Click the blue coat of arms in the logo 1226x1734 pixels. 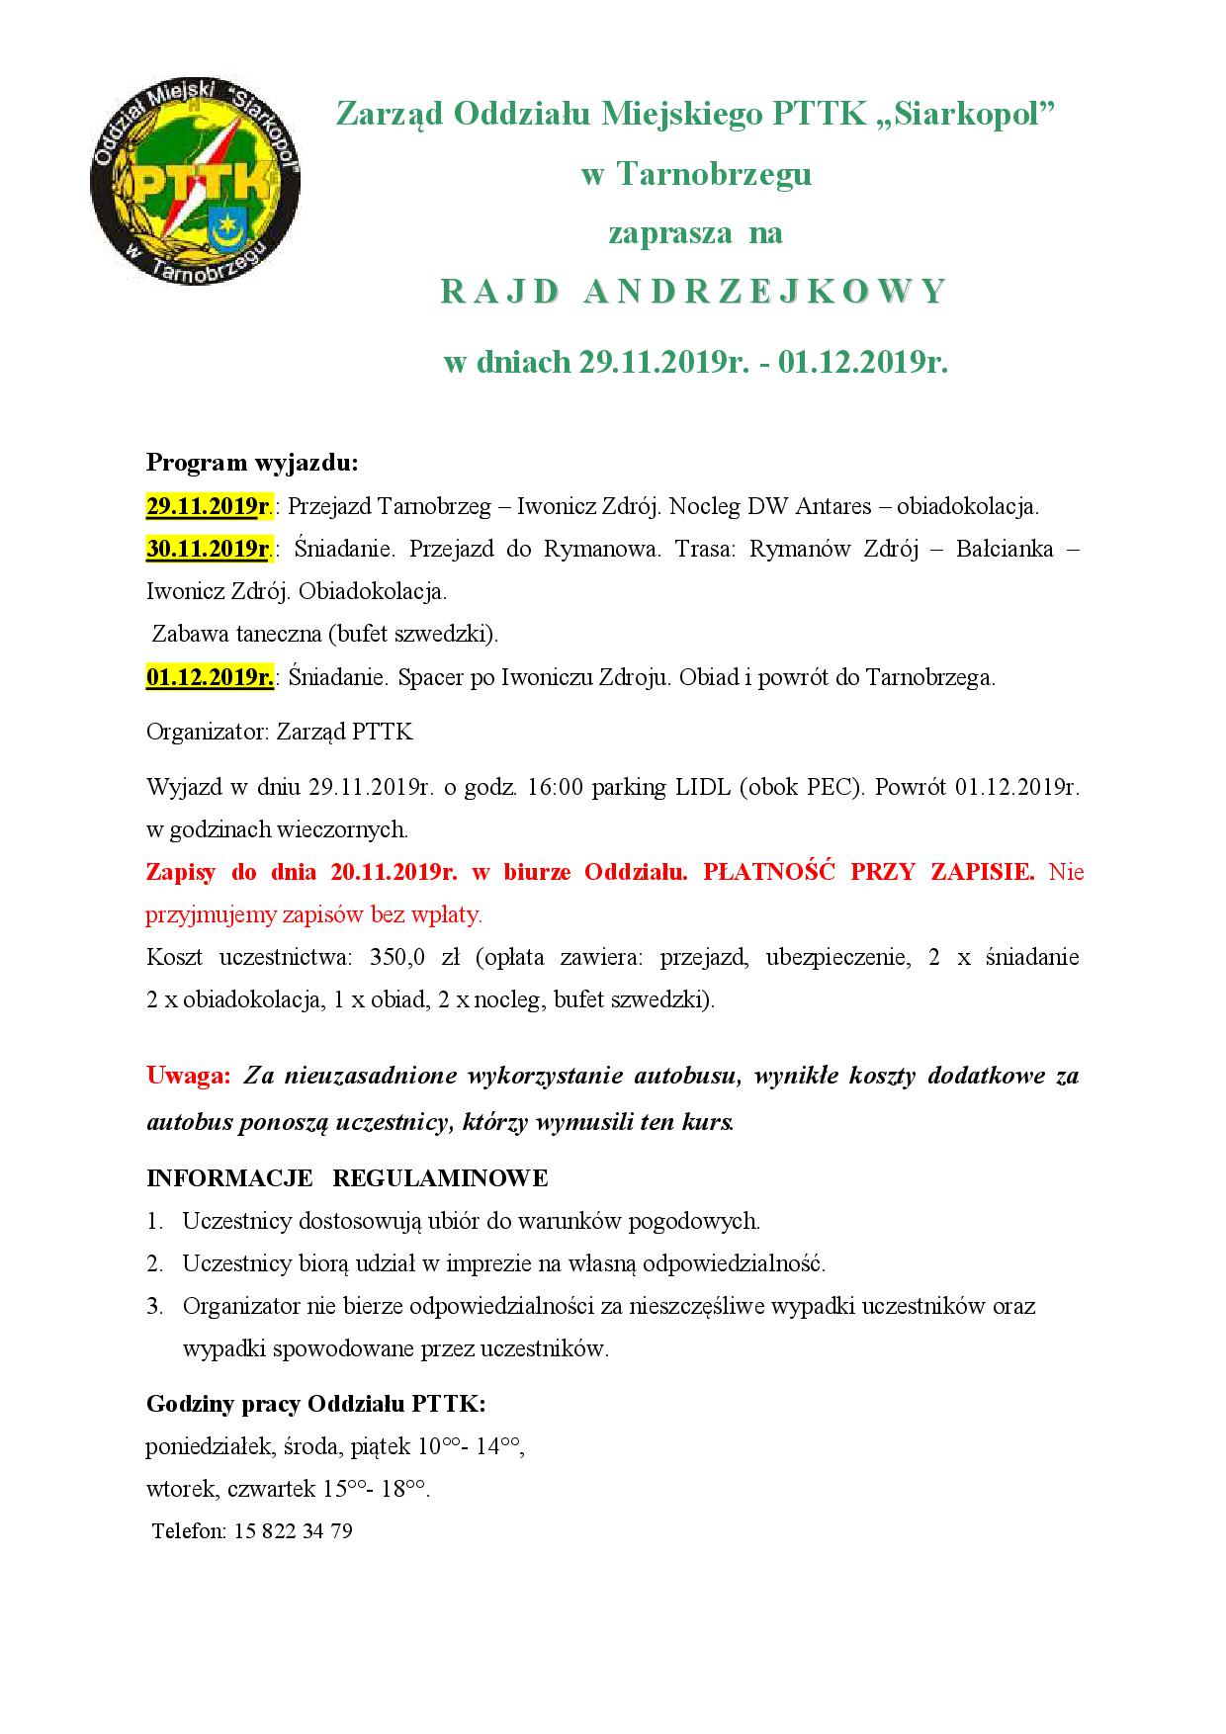[x=225, y=225]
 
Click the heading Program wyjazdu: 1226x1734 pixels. [x=252, y=463]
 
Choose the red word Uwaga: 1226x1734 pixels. [x=188, y=1076]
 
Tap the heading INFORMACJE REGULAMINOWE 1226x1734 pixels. [x=347, y=1178]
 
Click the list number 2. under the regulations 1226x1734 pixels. [x=154, y=1264]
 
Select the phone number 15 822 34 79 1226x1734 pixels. [x=294, y=1531]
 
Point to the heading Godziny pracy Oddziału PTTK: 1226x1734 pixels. [x=315, y=1404]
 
